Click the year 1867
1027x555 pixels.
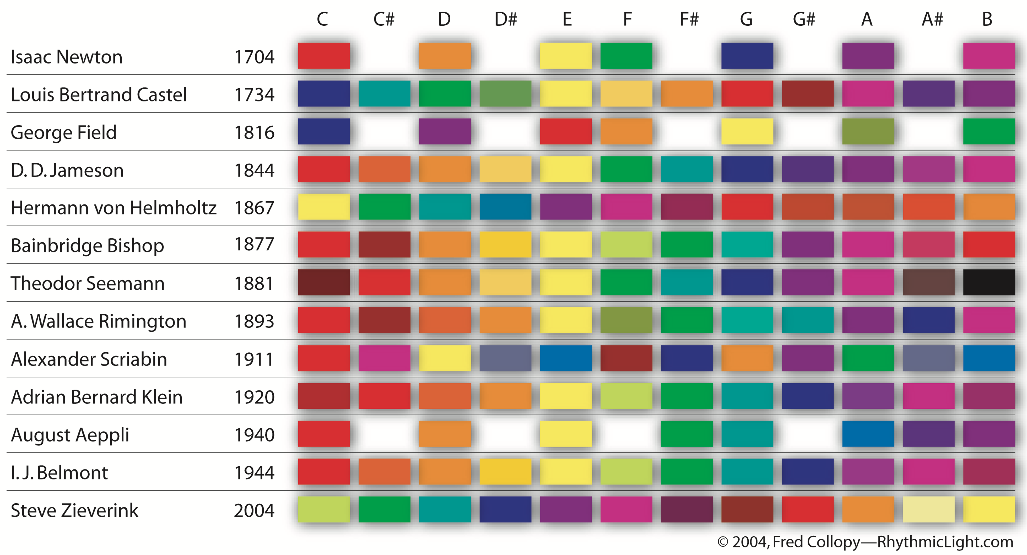click(254, 208)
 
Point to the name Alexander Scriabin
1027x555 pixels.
click(89, 359)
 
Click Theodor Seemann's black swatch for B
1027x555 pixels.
click(989, 282)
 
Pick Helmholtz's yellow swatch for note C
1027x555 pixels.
click(324, 207)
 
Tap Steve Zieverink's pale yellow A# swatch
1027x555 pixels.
click(928, 509)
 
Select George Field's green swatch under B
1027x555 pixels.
click(989, 131)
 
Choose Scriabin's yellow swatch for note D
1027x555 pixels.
click(445, 358)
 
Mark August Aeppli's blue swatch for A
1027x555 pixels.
click(868, 433)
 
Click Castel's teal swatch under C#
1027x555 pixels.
click(384, 94)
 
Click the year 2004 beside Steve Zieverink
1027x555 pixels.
click(254, 510)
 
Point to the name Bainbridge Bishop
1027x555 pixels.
click(87, 245)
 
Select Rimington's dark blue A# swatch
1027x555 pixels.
click(928, 320)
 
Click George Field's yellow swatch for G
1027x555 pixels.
click(747, 131)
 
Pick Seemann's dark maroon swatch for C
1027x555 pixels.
click(324, 282)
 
